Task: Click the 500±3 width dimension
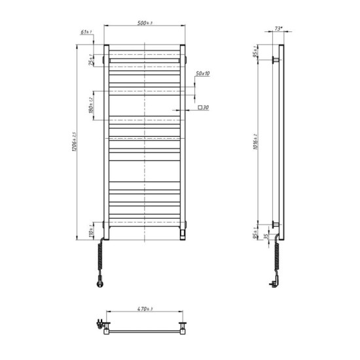(x=145, y=24)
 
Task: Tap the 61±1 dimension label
(x=85, y=31)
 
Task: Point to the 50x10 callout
(x=202, y=73)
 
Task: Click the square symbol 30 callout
(x=203, y=107)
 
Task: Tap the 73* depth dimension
(x=278, y=29)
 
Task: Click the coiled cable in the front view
(x=101, y=258)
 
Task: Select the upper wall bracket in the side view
(x=275, y=60)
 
